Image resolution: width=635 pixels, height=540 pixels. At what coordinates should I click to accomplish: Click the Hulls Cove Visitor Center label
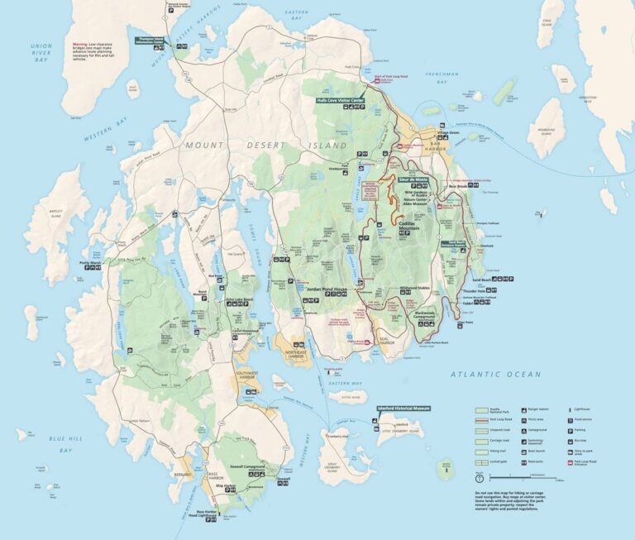coord(340,100)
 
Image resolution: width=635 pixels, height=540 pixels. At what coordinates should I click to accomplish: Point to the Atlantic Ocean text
coord(496,375)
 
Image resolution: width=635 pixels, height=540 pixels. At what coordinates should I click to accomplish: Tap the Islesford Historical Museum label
coord(403,409)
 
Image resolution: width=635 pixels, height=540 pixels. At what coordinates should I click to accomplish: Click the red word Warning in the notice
coord(79,42)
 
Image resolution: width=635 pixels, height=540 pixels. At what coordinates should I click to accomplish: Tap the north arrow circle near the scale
coord(480,478)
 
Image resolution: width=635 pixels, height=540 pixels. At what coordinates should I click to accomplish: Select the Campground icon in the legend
coord(526,431)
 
